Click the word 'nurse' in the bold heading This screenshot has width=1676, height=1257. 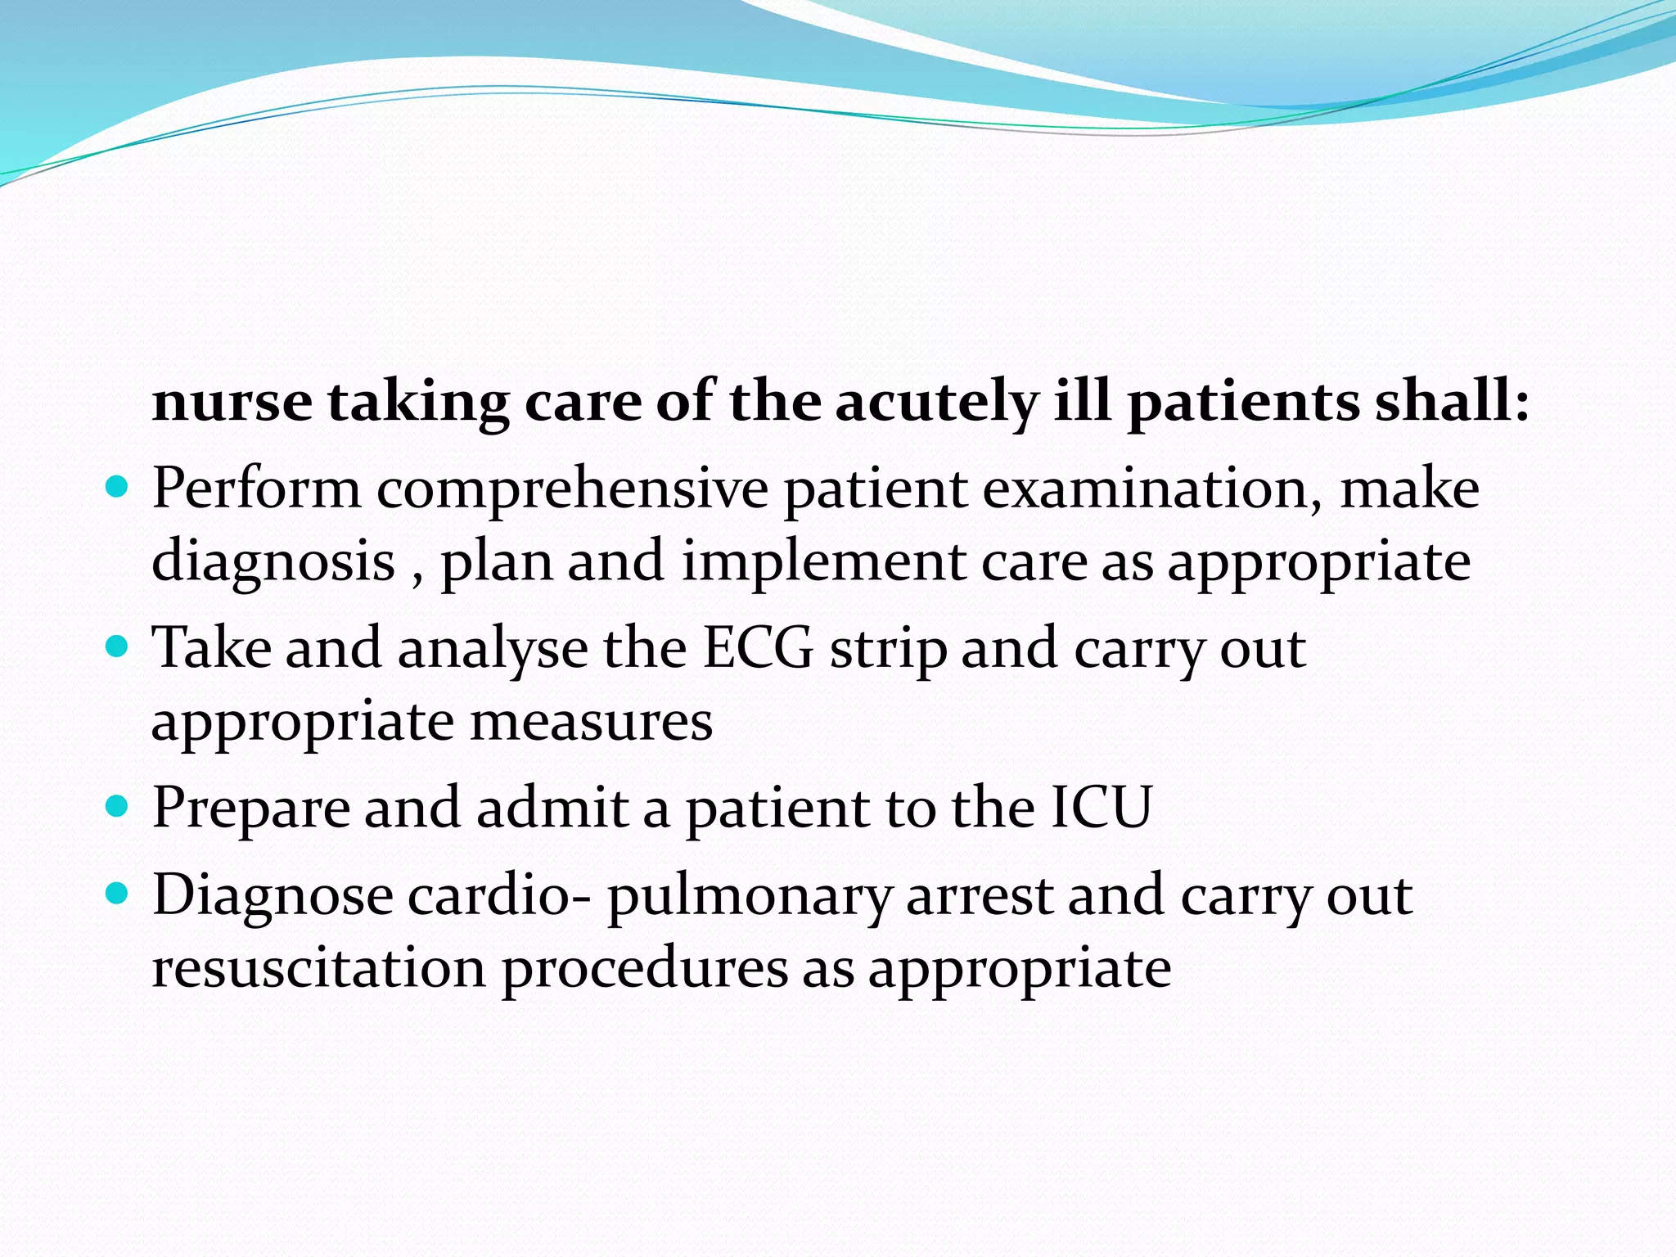(232, 403)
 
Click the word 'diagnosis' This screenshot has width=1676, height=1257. (273, 563)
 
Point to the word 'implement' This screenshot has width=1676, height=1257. (823, 563)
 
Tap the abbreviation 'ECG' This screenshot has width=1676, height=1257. (759, 648)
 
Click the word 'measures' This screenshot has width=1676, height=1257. (591, 722)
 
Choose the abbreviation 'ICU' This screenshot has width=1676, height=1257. (1102, 808)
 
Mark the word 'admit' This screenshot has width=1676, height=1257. (552, 808)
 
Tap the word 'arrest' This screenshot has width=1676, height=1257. (979, 895)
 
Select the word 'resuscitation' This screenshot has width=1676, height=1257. (319, 968)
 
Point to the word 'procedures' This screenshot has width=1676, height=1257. (644, 970)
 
